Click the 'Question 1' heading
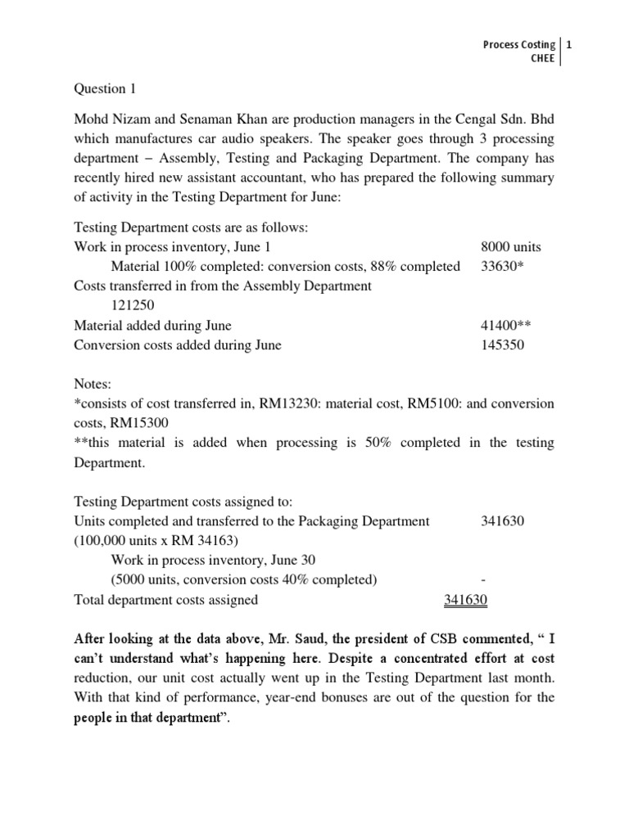[105, 88]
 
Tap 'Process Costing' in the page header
[519, 44]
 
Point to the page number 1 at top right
[570, 44]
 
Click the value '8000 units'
[510, 246]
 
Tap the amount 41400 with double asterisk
[506, 325]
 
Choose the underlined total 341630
[465, 600]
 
